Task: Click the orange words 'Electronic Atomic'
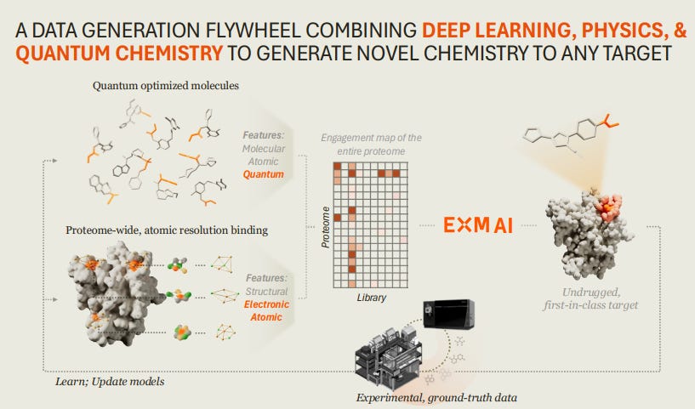coord(266,310)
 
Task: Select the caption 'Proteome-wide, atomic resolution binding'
coord(168,230)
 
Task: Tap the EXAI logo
coord(478,226)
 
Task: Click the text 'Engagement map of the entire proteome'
coord(371,144)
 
